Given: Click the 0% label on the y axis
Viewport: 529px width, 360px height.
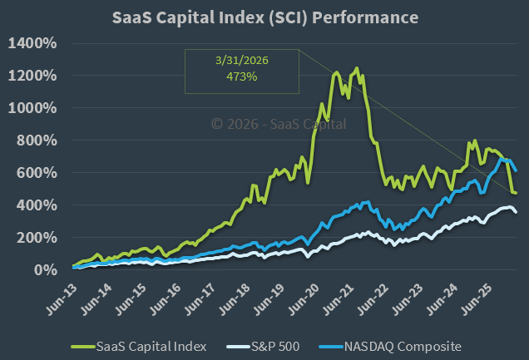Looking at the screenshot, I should click(46, 270).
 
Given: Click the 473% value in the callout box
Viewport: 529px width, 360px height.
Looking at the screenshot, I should click(241, 76).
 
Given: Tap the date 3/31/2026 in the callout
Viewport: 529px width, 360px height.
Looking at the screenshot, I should click(241, 61).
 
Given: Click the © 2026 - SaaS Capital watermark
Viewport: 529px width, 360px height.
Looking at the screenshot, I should click(278, 124).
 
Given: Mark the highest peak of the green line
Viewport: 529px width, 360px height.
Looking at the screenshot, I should click(357, 68).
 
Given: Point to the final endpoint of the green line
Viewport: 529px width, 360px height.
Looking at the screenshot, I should click(516, 193).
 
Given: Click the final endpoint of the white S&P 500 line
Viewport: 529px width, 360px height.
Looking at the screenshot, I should click(516, 212).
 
